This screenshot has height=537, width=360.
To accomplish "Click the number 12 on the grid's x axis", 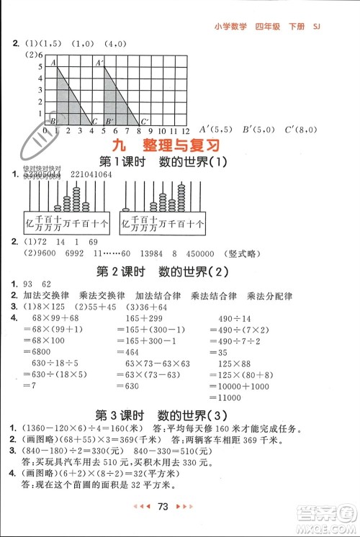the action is (185, 132).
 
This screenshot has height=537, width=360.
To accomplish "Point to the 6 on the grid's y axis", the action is (40, 54).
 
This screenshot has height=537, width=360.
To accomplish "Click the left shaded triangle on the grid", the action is (69, 101).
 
